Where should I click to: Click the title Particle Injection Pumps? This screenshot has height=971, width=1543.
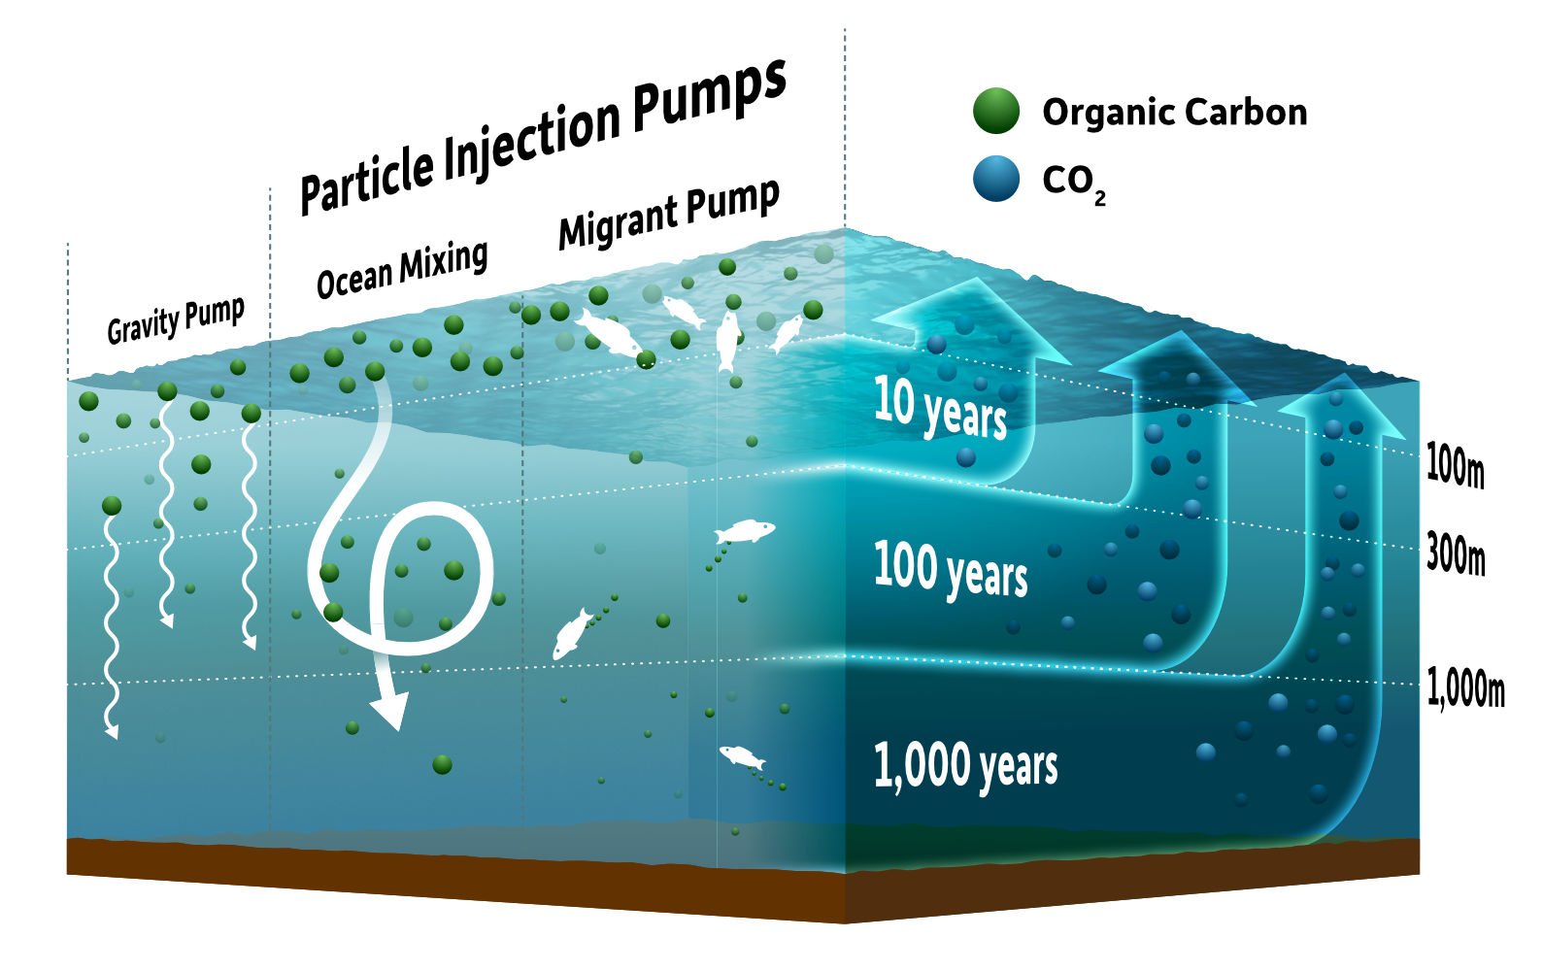[x=542, y=136]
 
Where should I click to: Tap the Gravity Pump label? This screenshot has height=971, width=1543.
[x=175, y=321]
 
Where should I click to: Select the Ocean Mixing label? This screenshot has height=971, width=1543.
[x=402, y=269]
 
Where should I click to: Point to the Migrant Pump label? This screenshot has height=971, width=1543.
[x=669, y=215]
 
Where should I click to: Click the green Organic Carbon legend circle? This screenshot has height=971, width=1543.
[x=996, y=111]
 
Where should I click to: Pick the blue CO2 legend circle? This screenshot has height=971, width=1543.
[x=996, y=179]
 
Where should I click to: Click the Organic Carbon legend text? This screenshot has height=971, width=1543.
[x=1174, y=112]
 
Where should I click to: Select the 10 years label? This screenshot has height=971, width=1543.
[x=939, y=408]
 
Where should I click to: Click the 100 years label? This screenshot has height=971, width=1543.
[x=950, y=569]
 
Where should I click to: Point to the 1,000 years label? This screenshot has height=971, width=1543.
[x=964, y=764]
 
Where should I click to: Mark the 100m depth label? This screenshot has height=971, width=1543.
[x=1454, y=466]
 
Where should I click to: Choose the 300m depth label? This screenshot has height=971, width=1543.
[x=1455, y=556]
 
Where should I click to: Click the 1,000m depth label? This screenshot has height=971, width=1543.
[x=1465, y=688]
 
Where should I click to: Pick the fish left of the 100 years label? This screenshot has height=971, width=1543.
[x=745, y=531]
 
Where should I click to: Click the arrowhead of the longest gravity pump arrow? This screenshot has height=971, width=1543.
[x=112, y=730]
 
